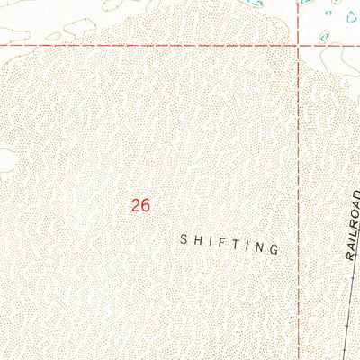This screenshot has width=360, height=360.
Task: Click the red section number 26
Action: [x=139, y=205]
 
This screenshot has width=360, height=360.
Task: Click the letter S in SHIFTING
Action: [x=184, y=239]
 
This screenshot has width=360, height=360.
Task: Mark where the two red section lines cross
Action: [x=300, y=45]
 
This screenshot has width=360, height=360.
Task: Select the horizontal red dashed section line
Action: [x=162, y=45]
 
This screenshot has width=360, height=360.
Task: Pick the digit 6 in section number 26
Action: [x=144, y=205]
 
